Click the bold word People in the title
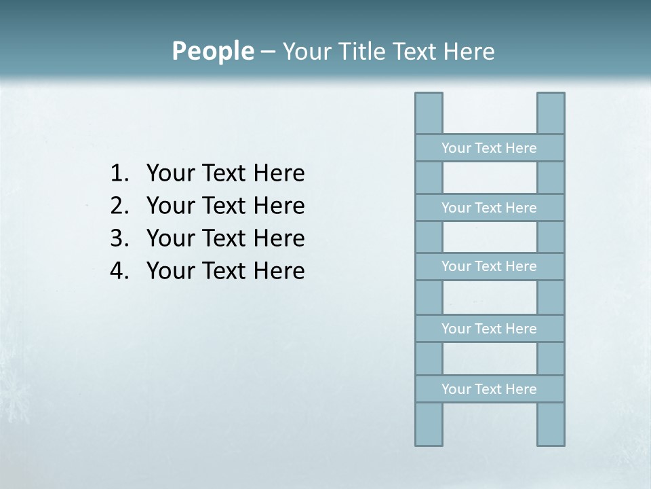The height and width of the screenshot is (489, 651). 212,51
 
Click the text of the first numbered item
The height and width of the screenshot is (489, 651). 225,173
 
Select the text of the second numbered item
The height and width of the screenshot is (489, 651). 225,205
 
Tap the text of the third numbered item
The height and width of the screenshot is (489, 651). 225,238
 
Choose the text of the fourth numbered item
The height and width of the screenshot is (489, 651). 225,270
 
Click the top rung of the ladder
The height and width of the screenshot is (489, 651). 489,148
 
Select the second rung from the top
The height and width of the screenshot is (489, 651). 489,208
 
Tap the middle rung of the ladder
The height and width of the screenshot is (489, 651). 489,266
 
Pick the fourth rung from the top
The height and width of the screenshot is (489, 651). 489,329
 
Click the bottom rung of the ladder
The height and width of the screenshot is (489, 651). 489,389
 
